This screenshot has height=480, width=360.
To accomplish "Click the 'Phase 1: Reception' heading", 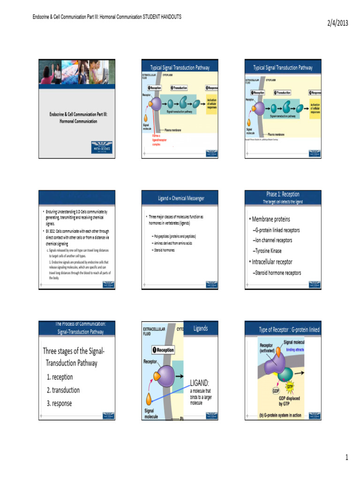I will point(283,194).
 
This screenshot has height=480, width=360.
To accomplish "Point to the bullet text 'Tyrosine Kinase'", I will point(268,251).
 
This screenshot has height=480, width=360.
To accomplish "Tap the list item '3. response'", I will point(60,403).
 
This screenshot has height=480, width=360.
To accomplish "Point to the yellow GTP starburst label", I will point(289,385).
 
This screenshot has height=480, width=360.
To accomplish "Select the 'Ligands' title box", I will point(201,328).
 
